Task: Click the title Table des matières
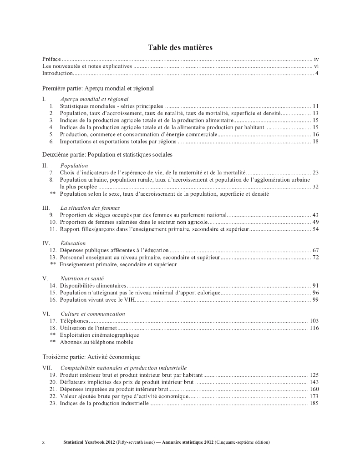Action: tap(180, 47)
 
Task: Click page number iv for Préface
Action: tap(316, 59)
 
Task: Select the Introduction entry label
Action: tap(57, 73)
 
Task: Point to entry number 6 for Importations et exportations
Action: tap(52, 142)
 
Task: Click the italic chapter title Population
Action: tap(74, 166)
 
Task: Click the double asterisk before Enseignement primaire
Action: tap(53, 264)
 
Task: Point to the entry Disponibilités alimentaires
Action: tap(93, 285)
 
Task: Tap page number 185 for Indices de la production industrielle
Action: tap(314, 403)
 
